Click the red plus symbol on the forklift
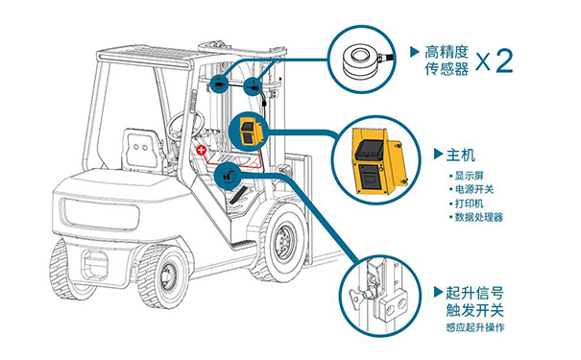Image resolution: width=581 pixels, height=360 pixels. point(202,150)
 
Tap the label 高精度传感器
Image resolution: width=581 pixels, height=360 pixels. point(447,60)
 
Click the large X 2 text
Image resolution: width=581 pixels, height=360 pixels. point(495,60)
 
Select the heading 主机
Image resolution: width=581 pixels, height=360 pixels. point(461,155)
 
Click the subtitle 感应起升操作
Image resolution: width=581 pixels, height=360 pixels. point(475,327)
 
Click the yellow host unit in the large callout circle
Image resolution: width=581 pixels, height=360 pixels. point(375,161)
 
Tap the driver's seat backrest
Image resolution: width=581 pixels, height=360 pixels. point(141,149)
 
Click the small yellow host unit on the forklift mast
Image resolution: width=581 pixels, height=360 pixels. point(250,132)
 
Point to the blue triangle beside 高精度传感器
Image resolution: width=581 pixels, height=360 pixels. point(415,52)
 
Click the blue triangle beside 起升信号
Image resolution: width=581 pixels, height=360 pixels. point(438,293)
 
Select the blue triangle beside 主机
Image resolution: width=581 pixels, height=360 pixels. point(438,154)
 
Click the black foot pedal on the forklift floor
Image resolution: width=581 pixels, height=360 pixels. point(238,195)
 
